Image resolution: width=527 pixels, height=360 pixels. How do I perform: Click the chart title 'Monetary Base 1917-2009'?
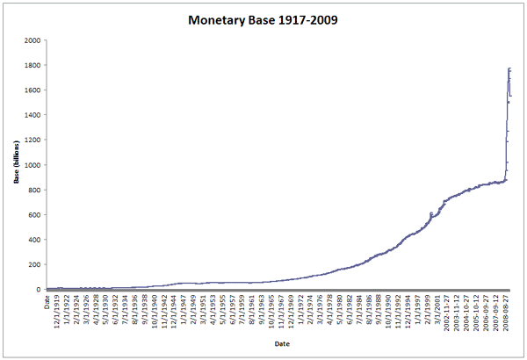(x=263, y=18)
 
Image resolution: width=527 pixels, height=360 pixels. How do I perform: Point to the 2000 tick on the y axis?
(x=32, y=40)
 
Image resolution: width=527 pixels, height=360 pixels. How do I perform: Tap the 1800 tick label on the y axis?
(x=32, y=65)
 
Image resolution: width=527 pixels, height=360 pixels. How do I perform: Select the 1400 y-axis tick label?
(x=32, y=115)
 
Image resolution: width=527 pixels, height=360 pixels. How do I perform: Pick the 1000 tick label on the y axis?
(x=32, y=165)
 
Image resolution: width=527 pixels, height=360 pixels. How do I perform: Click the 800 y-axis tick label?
(x=34, y=190)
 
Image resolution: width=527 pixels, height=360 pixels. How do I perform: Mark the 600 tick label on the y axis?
(x=34, y=214)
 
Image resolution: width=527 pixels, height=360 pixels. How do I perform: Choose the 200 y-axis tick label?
(x=34, y=264)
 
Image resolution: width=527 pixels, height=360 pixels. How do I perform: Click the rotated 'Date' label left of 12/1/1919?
(x=47, y=303)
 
